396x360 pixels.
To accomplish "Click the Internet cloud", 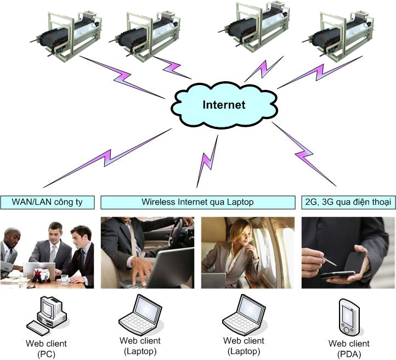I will (x=223, y=105).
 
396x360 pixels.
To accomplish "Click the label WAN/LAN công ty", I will (x=47, y=202).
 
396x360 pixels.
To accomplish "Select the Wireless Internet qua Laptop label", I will (x=197, y=202).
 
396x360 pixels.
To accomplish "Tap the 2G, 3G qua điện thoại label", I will (x=348, y=202).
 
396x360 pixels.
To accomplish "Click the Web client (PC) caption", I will (x=47, y=348).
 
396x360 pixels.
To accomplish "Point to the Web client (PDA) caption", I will (x=349, y=348).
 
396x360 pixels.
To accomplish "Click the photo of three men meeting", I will (x=47, y=252).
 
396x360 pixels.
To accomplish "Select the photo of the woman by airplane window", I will (x=247, y=252).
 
